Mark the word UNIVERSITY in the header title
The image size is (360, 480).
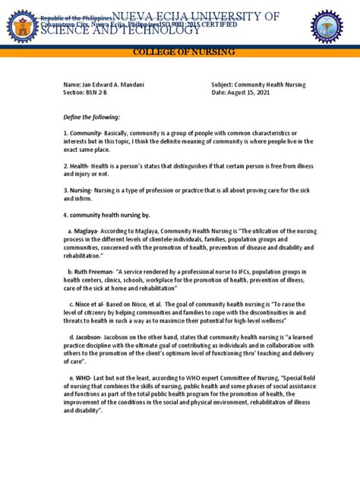click(x=229, y=17)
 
